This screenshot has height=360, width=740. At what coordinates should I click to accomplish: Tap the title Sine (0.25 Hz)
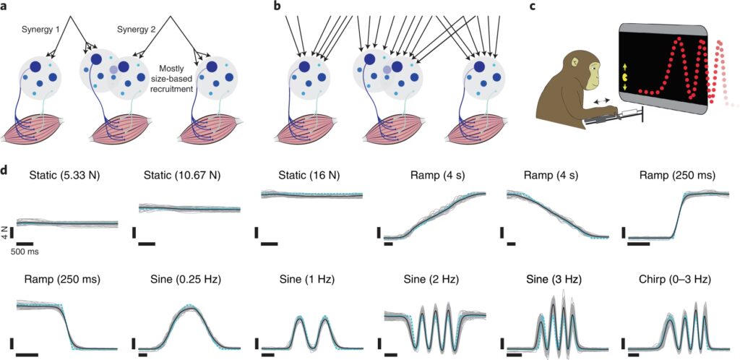pyautogui.click(x=187, y=278)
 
